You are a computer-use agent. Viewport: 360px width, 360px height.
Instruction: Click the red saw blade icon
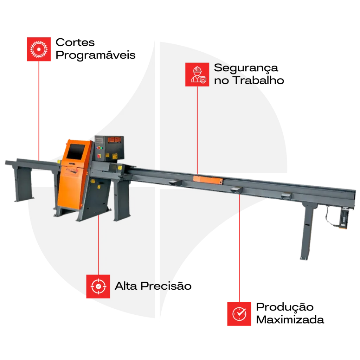[39, 49]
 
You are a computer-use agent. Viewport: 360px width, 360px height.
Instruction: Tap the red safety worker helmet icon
[197, 75]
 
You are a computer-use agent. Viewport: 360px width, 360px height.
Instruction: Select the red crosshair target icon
[98, 287]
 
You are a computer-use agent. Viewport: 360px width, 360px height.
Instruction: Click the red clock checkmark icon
[239, 313]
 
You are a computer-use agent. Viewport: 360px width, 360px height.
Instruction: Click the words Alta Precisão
[144, 286]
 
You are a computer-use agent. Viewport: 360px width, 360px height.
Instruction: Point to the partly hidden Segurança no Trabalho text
[235, 74]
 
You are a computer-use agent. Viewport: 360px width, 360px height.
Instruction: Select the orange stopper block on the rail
[207, 180]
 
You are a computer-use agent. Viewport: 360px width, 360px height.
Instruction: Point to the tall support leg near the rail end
[306, 232]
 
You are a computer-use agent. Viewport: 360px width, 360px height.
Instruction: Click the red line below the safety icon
[197, 130]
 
